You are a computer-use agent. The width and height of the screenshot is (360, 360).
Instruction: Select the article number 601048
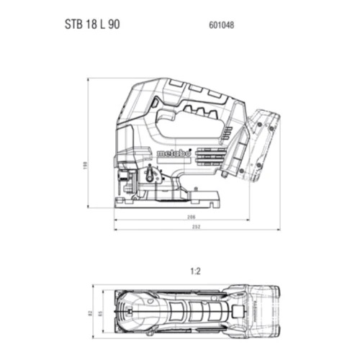[x=221, y=24]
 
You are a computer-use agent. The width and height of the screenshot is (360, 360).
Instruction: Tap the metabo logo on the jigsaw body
[x=172, y=154]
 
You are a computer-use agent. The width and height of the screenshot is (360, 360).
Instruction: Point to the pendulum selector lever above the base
[x=150, y=175]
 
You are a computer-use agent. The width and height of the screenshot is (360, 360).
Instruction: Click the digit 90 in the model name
[x=114, y=24]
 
